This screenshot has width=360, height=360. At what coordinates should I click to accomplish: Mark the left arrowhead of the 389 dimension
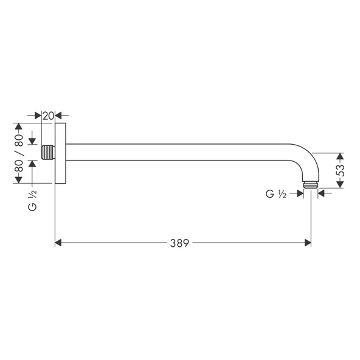[59, 243]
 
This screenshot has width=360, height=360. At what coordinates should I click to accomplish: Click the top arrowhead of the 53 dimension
[340, 156]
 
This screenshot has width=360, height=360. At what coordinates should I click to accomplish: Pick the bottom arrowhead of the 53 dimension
[340, 184]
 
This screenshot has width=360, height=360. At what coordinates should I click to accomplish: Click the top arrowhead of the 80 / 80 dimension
[19, 128]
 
